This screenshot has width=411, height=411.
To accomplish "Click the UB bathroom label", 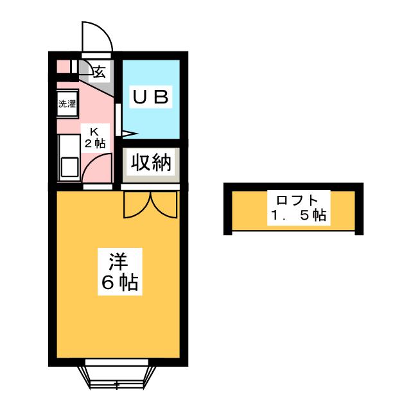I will click(151, 97).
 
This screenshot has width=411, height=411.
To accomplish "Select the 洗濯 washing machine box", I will click(67, 103).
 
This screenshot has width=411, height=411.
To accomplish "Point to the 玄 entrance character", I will click(100, 71).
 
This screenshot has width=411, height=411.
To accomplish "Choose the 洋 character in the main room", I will click(118, 261).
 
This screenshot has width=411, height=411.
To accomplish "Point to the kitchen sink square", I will click(68, 168).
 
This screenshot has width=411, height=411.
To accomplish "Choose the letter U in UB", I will click(141, 97).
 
